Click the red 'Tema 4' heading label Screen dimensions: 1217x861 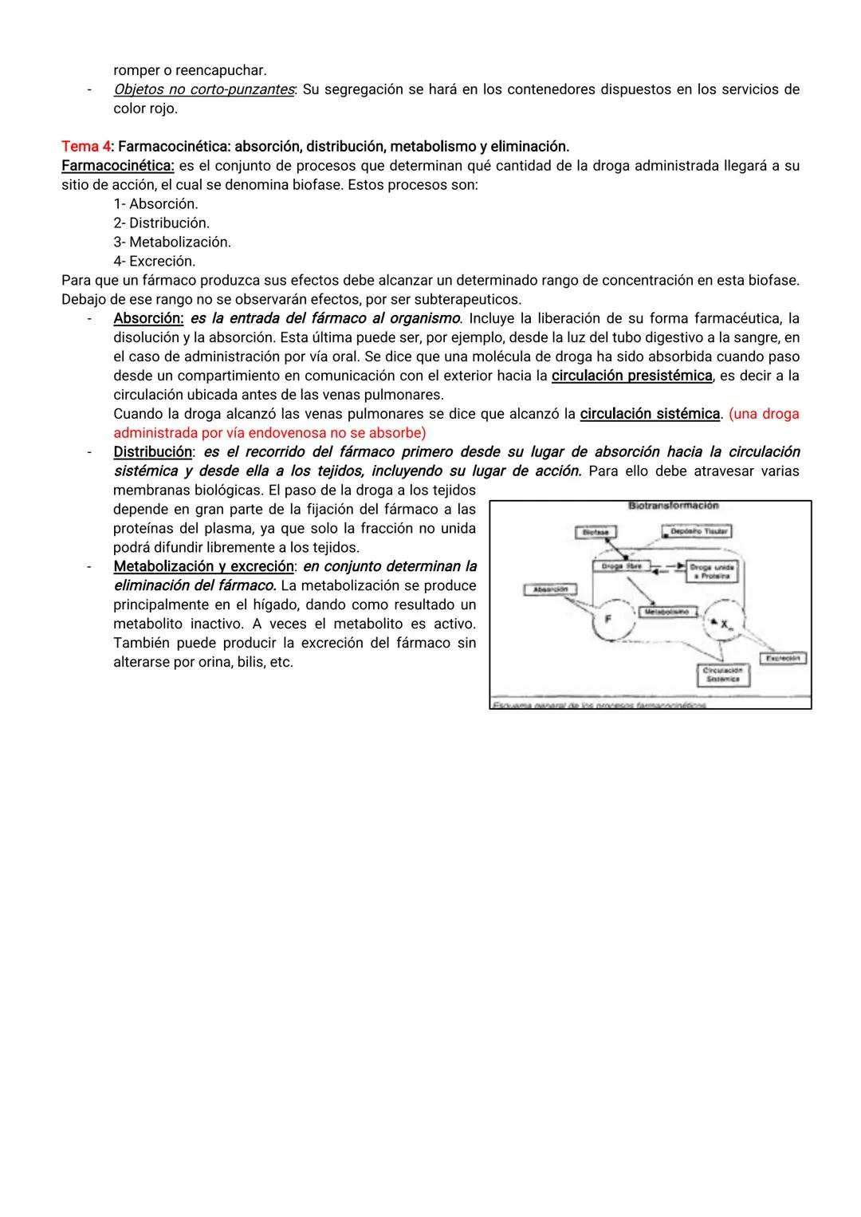point(86,147)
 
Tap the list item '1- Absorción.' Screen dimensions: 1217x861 point(155,204)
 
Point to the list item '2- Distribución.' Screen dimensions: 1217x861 point(161,223)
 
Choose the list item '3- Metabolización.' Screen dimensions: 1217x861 point(171,242)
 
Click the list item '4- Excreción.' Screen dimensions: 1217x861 point(154,261)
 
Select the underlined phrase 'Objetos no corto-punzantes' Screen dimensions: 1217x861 point(203,89)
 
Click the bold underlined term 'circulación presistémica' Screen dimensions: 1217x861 point(631,376)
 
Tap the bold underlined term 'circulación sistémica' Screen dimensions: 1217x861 point(650,414)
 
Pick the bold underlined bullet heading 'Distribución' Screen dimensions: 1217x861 point(152,452)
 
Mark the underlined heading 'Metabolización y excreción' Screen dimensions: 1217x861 point(203,566)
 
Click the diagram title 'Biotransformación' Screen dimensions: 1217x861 point(673,506)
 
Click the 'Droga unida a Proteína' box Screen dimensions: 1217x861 point(712,571)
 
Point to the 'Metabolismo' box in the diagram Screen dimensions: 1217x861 point(668,612)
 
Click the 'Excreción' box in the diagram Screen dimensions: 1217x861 point(783,658)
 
